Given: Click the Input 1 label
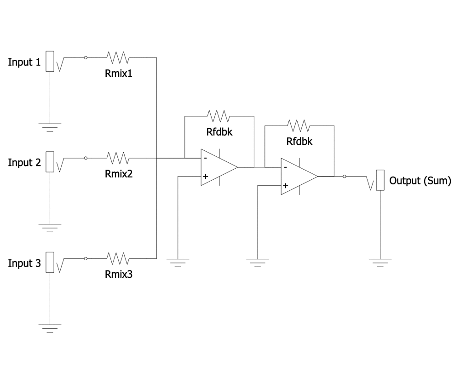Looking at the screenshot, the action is [x=24, y=62].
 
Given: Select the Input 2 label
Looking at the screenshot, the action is [x=24, y=162].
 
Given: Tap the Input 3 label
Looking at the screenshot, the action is [x=24, y=263].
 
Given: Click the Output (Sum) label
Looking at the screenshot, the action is [x=420, y=181].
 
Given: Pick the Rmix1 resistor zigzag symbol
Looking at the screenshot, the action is [x=118, y=57].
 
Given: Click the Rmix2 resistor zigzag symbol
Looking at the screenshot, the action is [x=118, y=158].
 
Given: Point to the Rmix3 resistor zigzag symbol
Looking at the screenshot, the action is [x=118, y=258].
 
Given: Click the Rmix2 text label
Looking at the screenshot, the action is [x=119, y=174].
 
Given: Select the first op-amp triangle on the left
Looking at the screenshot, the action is [x=219, y=167].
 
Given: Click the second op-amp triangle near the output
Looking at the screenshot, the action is [x=299, y=177].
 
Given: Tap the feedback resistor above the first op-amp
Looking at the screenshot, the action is [x=218, y=116].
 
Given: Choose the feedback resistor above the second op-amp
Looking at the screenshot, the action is [x=299, y=126].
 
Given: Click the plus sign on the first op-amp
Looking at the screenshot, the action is [x=205, y=177].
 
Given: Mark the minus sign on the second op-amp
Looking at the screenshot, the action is [x=286, y=167].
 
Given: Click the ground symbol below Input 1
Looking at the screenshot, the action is [x=50, y=127].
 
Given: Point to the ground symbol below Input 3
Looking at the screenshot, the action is [x=50, y=328].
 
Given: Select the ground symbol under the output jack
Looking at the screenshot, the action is [x=380, y=263].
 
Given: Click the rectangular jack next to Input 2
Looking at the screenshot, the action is [x=50, y=162].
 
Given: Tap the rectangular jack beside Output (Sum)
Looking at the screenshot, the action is [x=380, y=180].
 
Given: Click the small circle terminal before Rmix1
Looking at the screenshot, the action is [x=86, y=58].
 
